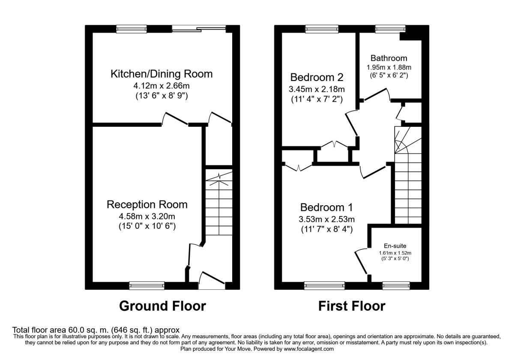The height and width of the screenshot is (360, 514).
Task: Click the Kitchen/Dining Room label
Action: coord(161,74)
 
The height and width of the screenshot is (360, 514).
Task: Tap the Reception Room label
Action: coord(147,204)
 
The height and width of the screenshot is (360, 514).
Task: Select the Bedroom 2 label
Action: coord(317,78)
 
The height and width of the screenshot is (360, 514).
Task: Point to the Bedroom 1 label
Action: coord(326,207)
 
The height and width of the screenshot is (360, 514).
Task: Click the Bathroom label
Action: coord(389,58)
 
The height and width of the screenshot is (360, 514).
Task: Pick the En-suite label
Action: coord(394,246)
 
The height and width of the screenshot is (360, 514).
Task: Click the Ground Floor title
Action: coord(162,306)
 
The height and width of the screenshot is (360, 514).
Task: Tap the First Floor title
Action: coord(351,306)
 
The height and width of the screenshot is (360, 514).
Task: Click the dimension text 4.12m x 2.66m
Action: coord(161,86)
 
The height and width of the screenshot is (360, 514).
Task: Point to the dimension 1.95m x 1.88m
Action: coord(389,68)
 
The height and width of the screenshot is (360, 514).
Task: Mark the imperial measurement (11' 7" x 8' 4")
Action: coord(326,229)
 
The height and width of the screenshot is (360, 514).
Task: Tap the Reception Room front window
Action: coord(147,285)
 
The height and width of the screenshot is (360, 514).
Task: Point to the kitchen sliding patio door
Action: coord(199,29)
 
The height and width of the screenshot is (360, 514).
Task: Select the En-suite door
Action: coord(361,261)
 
